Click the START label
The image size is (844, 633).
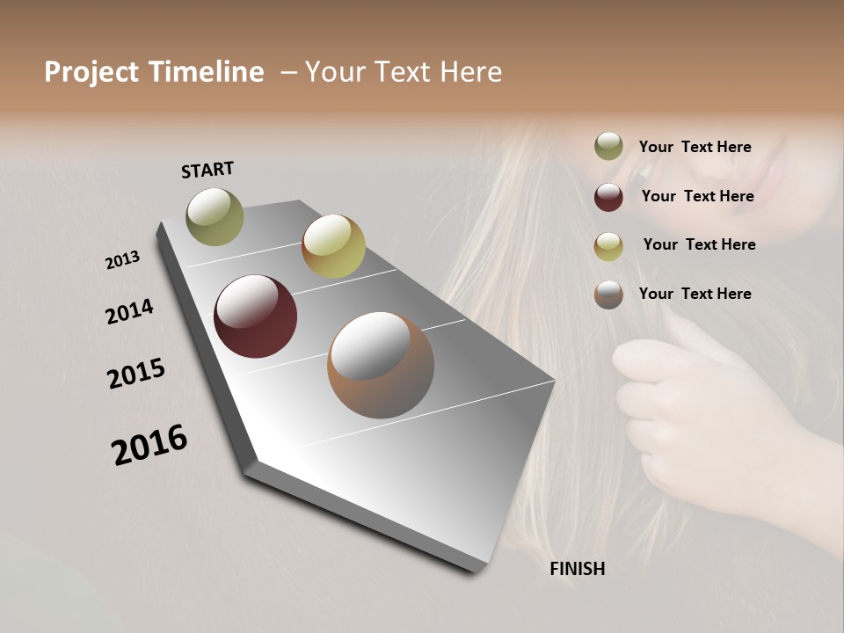[207, 170]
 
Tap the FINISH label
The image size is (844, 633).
[577, 569]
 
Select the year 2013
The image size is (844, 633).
[122, 260]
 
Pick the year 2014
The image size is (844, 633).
[129, 312]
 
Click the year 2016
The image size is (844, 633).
[149, 445]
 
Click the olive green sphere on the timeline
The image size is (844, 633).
[215, 216]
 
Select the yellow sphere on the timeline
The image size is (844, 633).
[333, 246]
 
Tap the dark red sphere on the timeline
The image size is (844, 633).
[255, 316]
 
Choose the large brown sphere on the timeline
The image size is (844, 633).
[381, 365]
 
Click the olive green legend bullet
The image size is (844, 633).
[608, 146]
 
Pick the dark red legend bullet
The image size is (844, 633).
[608, 196]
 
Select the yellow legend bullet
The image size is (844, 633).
[608, 246]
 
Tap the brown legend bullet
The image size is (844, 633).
[608, 295]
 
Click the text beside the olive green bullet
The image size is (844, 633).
[695, 147]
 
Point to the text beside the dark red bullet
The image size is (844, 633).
[697, 196]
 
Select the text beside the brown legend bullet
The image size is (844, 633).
[695, 294]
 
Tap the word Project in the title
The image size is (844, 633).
[91, 72]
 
